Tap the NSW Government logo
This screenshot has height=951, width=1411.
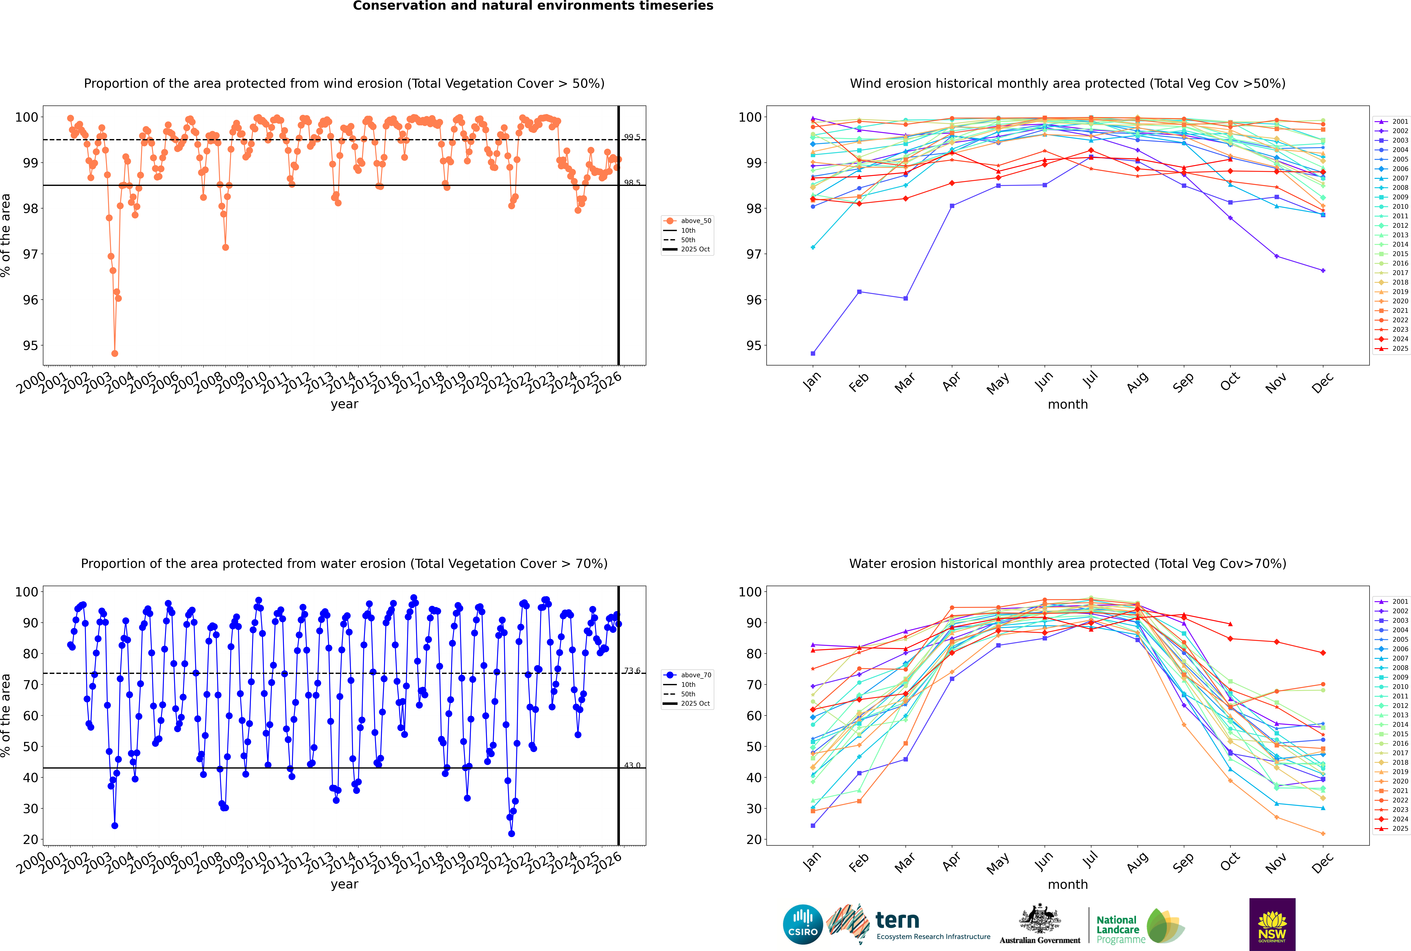click(1272, 924)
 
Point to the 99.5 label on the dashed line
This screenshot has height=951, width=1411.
click(632, 137)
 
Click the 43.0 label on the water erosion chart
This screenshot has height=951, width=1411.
click(632, 765)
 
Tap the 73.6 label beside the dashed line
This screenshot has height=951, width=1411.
click(632, 671)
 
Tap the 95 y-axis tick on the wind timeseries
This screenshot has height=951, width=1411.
click(30, 346)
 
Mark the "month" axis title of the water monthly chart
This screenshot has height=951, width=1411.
click(1068, 884)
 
